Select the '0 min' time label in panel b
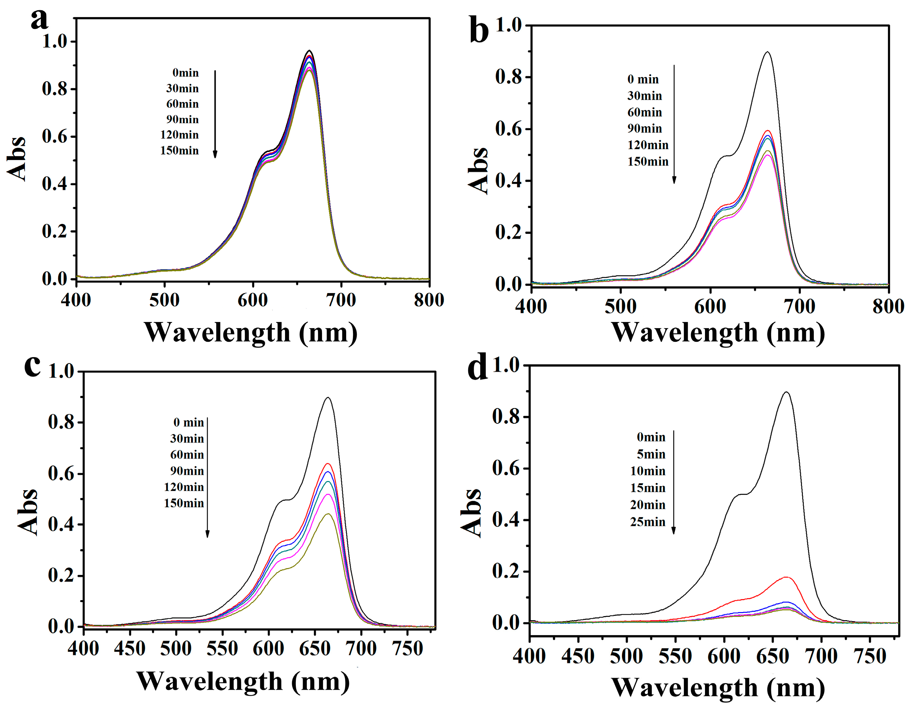pos(643,79)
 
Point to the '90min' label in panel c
pos(187,471)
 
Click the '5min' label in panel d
pos(651,454)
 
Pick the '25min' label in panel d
pos(648,522)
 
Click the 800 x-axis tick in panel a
pos(428,300)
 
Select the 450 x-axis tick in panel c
pos(130,648)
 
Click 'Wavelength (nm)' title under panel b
pos(718,333)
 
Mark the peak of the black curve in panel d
pos(786,392)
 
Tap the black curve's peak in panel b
pos(767,52)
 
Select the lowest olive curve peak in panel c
pos(328,514)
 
